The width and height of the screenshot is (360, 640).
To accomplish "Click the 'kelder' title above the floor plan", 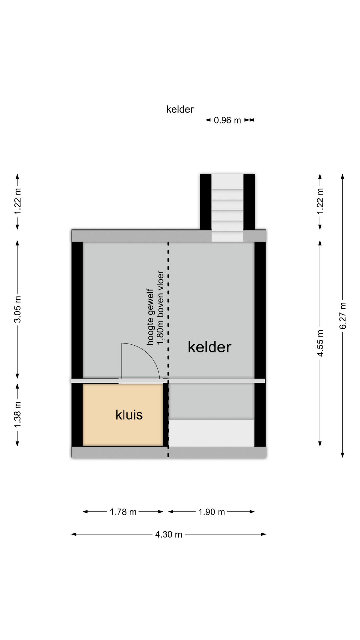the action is (180, 109).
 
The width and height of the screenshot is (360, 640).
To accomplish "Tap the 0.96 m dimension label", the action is (227, 120).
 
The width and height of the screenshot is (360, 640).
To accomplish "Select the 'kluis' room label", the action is (129, 415).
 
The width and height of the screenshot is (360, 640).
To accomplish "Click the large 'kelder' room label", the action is (209, 347).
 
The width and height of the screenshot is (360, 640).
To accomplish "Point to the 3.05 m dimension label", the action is (18, 309).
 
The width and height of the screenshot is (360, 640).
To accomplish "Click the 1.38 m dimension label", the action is (18, 415).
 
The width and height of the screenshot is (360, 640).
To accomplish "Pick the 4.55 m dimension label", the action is (320, 343).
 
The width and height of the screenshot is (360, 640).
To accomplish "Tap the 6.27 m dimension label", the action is (343, 316).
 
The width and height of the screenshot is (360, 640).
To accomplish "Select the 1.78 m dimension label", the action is (123, 512).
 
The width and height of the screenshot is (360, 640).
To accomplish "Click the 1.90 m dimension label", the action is (212, 512).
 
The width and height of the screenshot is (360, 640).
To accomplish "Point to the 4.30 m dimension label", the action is (169, 534).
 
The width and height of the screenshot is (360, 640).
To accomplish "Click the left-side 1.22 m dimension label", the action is (18, 201).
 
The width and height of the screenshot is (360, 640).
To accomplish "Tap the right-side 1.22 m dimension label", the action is (320, 201).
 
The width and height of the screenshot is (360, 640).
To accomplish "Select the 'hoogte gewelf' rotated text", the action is (150, 317).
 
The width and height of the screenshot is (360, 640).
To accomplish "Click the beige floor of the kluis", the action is (123, 415).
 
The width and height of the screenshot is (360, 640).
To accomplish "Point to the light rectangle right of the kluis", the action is (211, 433).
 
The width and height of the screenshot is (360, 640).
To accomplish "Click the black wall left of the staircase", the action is (206, 202).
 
